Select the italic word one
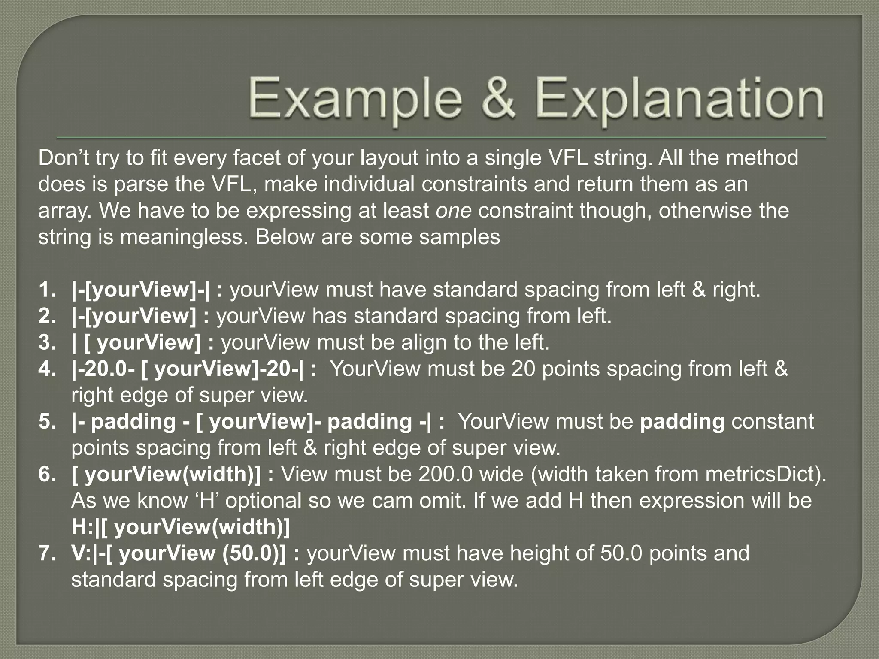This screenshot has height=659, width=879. click(x=454, y=211)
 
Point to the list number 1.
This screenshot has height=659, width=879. click(x=47, y=290)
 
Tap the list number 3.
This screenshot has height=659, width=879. click(x=47, y=342)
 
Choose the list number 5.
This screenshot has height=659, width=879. click(x=47, y=421)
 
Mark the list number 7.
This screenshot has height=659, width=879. click(x=47, y=553)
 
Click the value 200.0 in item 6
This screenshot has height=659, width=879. click(x=446, y=474)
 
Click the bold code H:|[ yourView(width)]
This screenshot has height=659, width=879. click(x=181, y=527)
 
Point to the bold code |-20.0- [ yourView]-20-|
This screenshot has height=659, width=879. click(x=188, y=369)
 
